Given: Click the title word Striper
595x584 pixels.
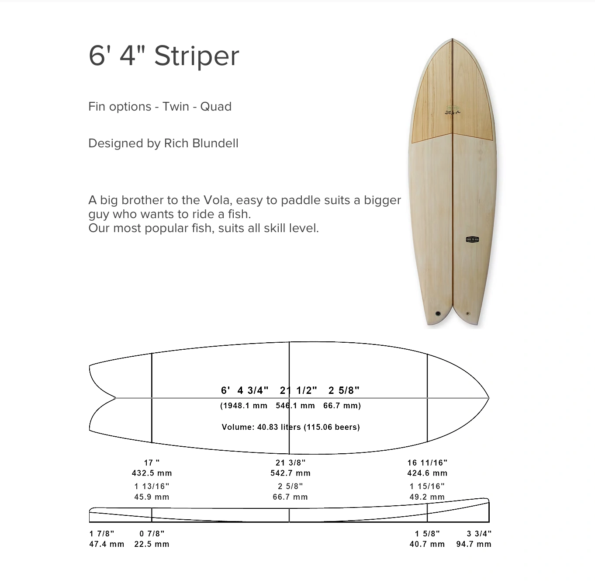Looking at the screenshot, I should pyautogui.click(x=197, y=56).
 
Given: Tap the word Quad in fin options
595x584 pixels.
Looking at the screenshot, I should pyautogui.click(x=216, y=107).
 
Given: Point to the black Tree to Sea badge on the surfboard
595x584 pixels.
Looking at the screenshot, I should pyautogui.click(x=472, y=240).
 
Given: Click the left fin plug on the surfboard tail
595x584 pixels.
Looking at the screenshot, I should pyautogui.click(x=438, y=313).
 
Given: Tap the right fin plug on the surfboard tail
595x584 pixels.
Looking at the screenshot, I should pyautogui.click(x=468, y=313).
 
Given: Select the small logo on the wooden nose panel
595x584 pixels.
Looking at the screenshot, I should pyautogui.click(x=453, y=110).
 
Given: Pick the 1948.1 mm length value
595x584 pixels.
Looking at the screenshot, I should pyautogui.click(x=244, y=406).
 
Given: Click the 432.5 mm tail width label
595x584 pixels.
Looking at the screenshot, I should pyautogui.click(x=152, y=473).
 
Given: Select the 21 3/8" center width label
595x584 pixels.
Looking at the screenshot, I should pyautogui.click(x=291, y=462).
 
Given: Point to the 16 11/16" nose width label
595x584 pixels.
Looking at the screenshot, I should pyautogui.click(x=427, y=462).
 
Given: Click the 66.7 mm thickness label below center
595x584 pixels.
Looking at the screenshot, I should pyautogui.click(x=290, y=497).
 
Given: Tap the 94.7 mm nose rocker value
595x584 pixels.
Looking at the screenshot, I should pyautogui.click(x=474, y=544).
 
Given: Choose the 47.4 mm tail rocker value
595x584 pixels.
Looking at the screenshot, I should pyautogui.click(x=107, y=544).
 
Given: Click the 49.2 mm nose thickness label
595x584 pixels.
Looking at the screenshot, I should pyautogui.click(x=427, y=497).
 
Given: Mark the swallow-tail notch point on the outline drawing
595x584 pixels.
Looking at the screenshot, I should pyautogui.click(x=115, y=398).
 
